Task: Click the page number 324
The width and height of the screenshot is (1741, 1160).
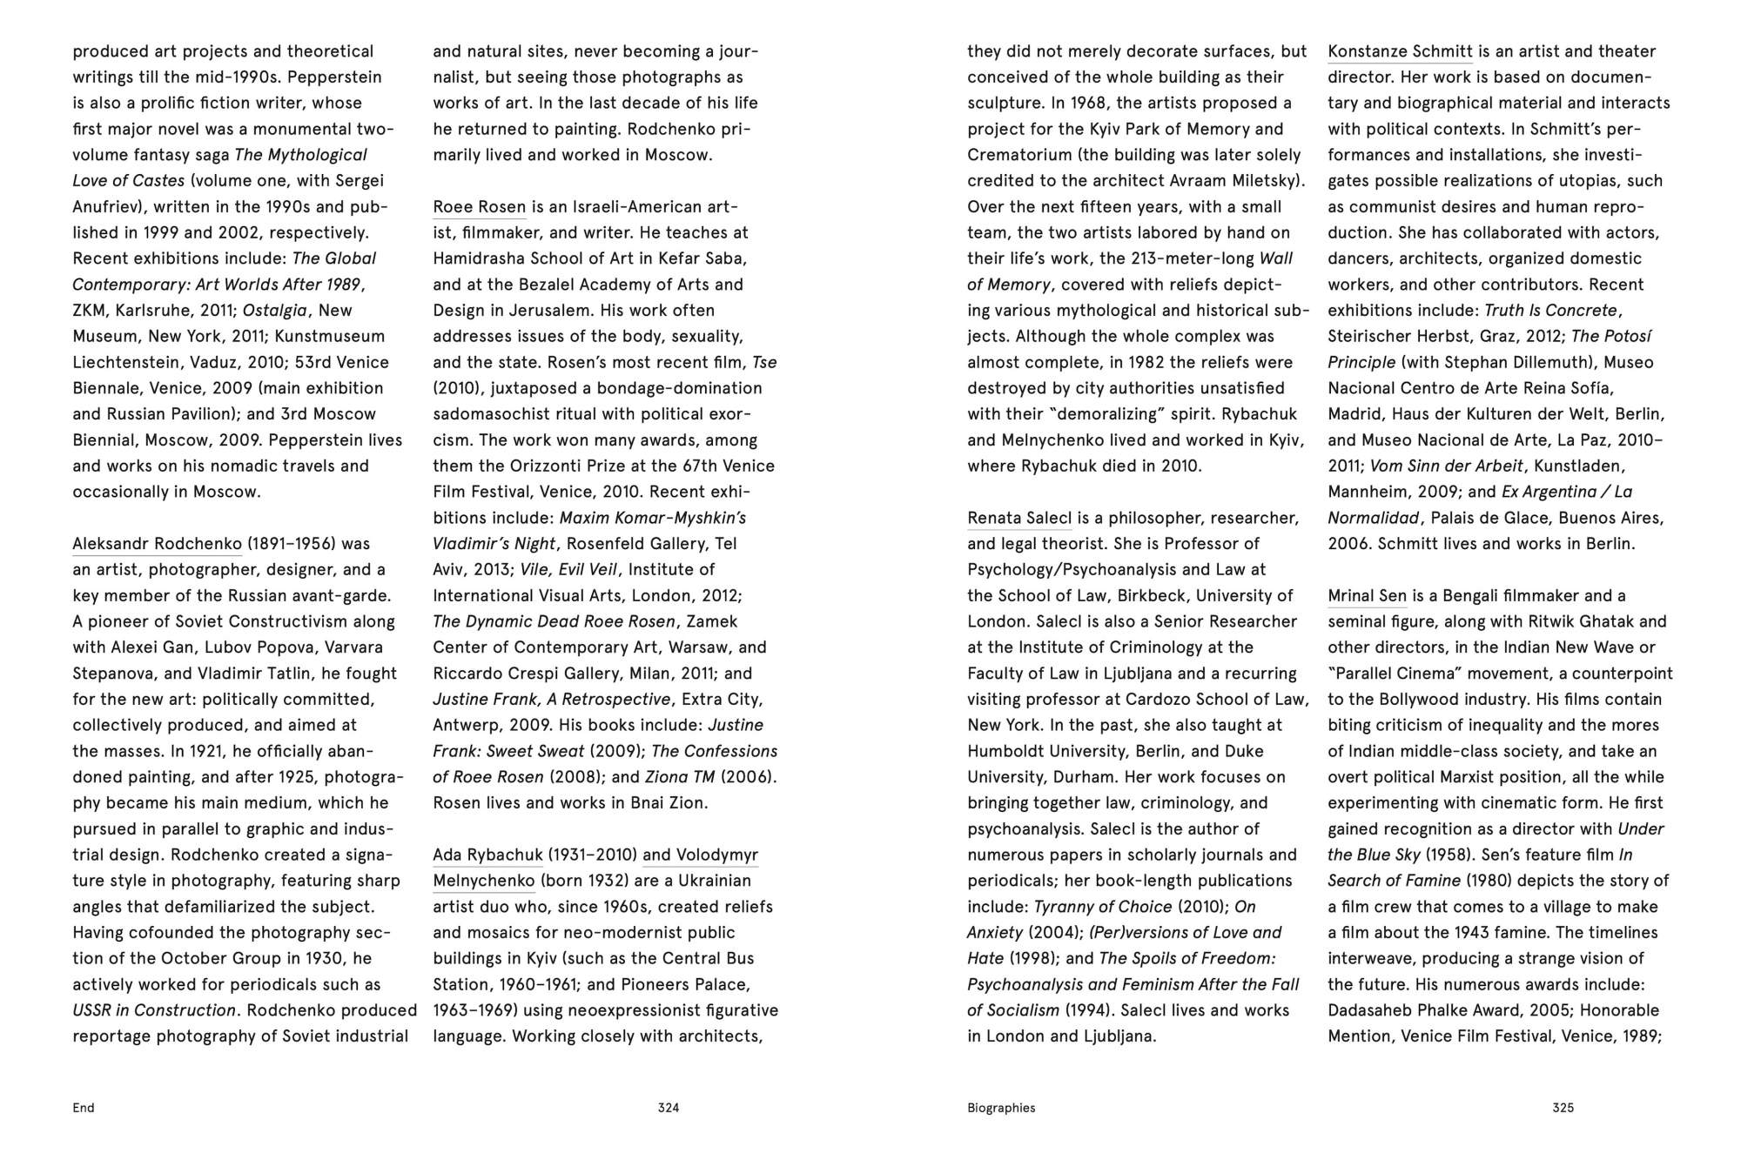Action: pyautogui.click(x=668, y=1108)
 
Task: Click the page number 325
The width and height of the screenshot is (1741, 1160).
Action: pyautogui.click(x=1563, y=1108)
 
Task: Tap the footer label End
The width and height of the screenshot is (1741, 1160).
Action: pyautogui.click(x=84, y=1108)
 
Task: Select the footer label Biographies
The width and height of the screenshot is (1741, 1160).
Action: pyautogui.click(x=1001, y=1108)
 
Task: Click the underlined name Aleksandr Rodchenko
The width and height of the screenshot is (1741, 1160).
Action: pyautogui.click(x=157, y=544)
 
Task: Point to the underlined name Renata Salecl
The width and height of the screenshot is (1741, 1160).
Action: pyautogui.click(x=1019, y=518)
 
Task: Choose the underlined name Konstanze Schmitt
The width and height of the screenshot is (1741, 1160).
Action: pyautogui.click(x=1400, y=51)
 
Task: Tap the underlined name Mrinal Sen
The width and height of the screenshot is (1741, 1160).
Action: pyautogui.click(x=1367, y=596)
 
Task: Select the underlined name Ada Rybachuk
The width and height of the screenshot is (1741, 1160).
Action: pyautogui.click(x=487, y=855)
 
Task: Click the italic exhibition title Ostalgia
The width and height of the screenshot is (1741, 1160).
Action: pyautogui.click(x=274, y=311)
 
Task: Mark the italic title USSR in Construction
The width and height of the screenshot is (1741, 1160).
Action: pyautogui.click(x=154, y=1010)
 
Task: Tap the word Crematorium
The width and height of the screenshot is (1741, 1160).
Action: pyautogui.click(x=1019, y=155)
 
